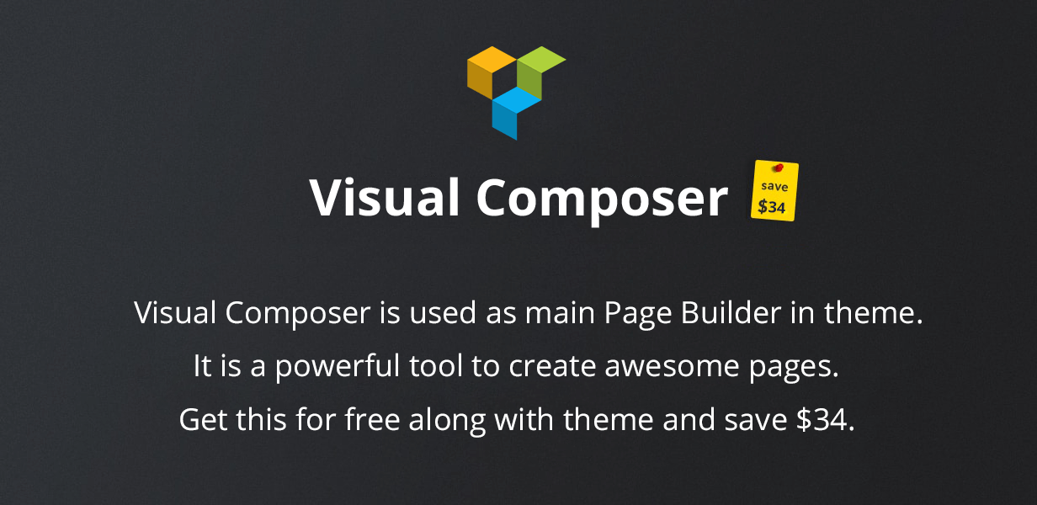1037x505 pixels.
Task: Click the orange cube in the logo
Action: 491,72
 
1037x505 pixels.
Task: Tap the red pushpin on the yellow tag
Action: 779,167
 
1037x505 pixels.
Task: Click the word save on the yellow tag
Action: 774,186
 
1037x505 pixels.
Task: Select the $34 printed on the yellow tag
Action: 772,206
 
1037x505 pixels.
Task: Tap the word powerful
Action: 338,367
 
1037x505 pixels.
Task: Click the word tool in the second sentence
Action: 436,365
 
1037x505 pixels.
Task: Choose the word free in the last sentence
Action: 372,419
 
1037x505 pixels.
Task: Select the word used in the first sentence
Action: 443,312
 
